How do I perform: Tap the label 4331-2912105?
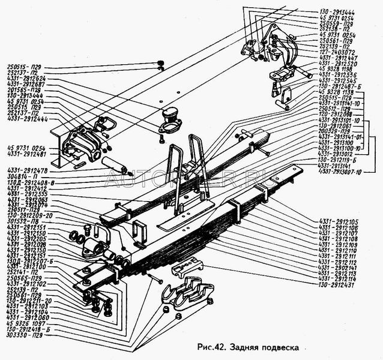pos(340,221)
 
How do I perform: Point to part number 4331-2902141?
pos(340,267)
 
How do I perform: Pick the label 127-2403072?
pos(338,52)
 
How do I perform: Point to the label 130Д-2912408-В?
pos(31,181)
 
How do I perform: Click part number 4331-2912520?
pos(338,63)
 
